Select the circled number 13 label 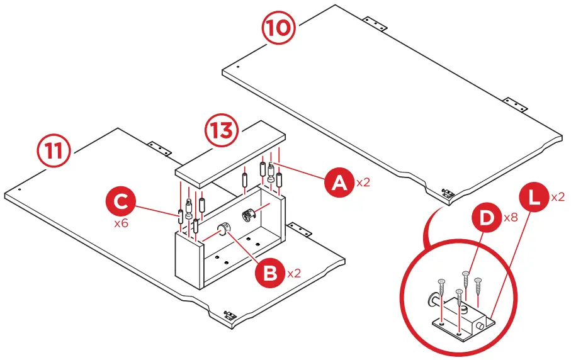(222, 133)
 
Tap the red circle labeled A (339, 183)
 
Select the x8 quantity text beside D (511, 218)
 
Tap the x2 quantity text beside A (364, 183)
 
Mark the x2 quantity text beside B (295, 274)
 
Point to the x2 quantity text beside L (558, 196)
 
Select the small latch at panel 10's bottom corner (448, 193)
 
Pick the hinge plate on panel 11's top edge (159, 147)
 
